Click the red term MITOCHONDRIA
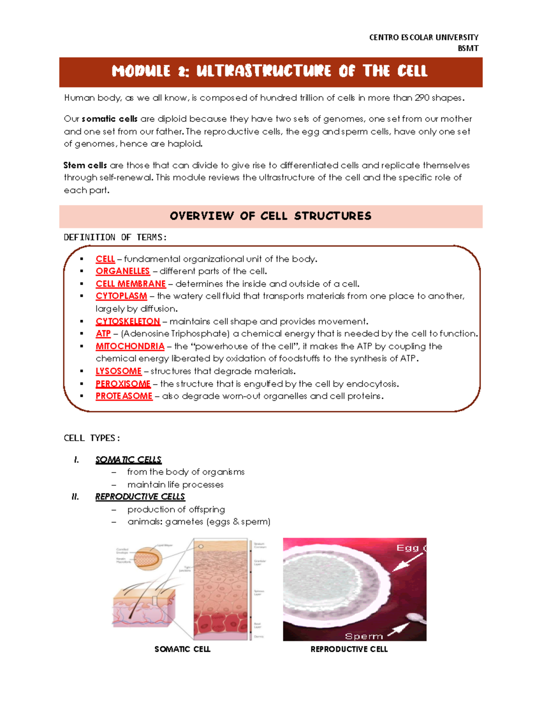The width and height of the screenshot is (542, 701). click(130, 346)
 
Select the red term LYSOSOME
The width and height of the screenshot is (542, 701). click(118, 371)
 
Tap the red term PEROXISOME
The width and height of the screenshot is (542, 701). click(123, 384)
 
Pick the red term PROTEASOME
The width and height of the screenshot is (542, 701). click(124, 396)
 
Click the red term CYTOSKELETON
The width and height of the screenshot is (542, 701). click(128, 321)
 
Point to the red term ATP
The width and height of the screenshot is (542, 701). click(103, 334)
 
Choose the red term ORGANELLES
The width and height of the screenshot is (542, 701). click(122, 271)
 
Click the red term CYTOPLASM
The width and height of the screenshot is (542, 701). click(121, 296)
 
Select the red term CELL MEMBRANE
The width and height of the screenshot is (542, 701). click(131, 284)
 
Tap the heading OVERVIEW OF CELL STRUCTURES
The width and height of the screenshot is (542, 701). click(271, 216)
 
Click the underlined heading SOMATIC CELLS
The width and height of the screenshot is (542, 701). click(128, 460)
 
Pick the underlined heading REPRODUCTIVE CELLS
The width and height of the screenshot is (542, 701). click(140, 497)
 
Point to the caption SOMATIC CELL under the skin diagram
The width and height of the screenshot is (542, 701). click(182, 649)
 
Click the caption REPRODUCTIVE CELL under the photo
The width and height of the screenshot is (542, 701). click(349, 649)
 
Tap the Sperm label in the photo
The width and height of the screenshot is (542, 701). click(364, 636)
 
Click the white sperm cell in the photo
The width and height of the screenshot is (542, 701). click(413, 618)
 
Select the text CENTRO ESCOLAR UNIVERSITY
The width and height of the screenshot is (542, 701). click(424, 37)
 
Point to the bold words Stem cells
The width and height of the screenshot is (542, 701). click(85, 165)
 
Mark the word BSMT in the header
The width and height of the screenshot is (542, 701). click(468, 48)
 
